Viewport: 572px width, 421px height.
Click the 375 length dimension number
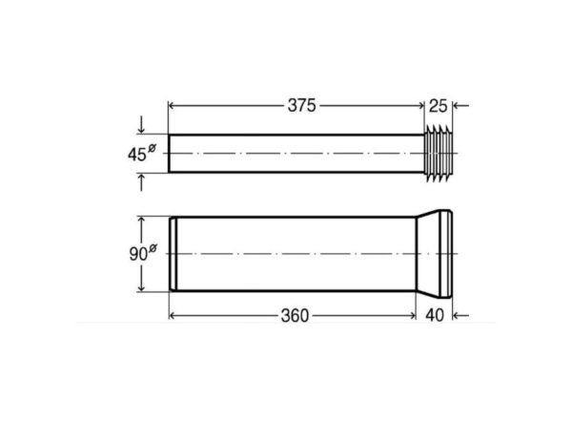pos(301,106)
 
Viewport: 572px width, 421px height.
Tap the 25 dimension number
pos(438,106)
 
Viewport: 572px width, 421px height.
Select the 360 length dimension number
pos(295,316)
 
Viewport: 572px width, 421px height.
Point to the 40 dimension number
pos(435,315)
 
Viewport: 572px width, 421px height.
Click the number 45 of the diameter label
pos(136,155)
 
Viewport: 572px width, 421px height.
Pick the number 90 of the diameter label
pos(138,254)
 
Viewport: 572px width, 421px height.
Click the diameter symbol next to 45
pos(152,149)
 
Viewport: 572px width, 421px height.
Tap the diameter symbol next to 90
pos(153,248)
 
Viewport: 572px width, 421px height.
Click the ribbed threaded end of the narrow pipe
pos(439,153)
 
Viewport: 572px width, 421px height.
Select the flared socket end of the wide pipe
pos(435,254)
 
